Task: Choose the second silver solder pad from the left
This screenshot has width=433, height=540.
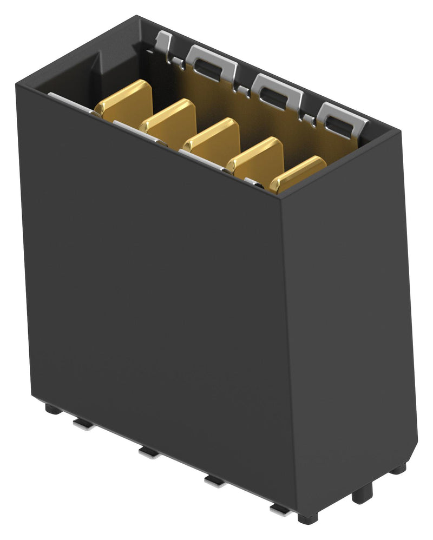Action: click(148, 452)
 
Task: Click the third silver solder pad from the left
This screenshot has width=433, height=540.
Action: click(214, 480)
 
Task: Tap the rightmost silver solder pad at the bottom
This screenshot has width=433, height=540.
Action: click(280, 508)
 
